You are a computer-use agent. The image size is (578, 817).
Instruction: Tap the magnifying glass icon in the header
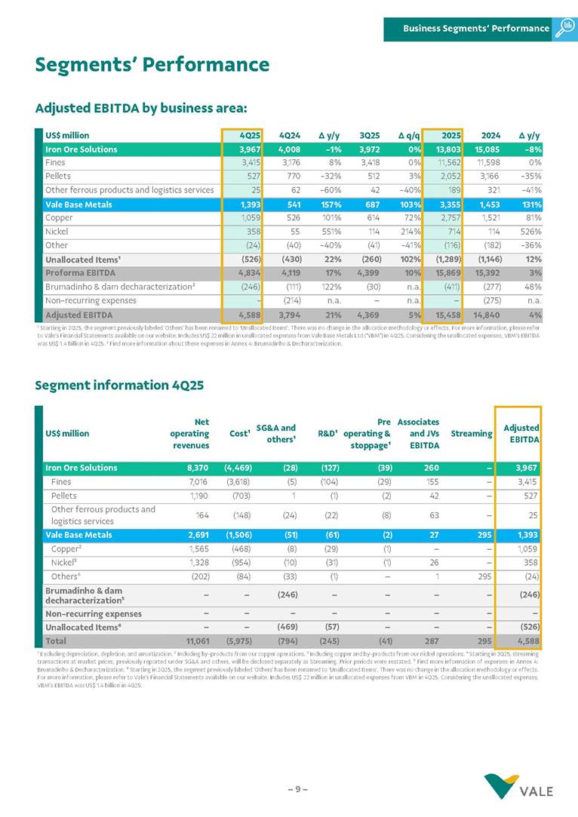(x=564, y=29)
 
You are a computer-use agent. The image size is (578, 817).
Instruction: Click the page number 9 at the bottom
(x=297, y=789)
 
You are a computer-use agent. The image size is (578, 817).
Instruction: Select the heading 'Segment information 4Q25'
(x=119, y=385)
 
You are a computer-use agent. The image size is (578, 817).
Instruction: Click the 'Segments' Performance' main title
(x=152, y=65)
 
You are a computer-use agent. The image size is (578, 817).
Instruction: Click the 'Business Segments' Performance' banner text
(x=475, y=29)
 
